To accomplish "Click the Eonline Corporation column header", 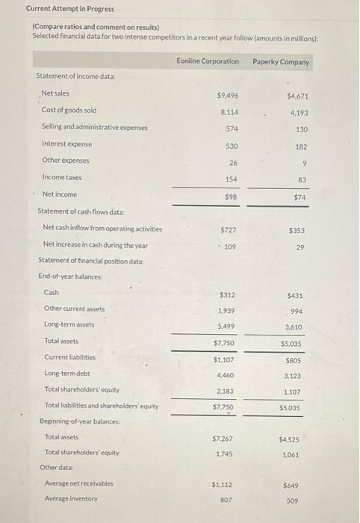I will click(x=208, y=61).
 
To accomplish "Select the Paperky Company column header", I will click(x=281, y=61).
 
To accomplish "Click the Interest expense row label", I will click(x=66, y=143).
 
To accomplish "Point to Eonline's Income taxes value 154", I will click(x=231, y=178).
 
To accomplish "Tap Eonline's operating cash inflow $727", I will click(x=229, y=229).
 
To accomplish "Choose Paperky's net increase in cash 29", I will click(x=300, y=247).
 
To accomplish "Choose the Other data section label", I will click(x=57, y=467).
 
